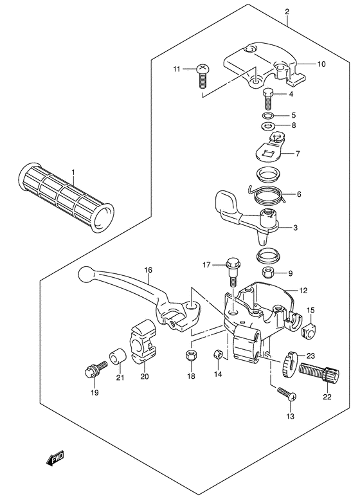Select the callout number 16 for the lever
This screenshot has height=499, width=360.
pyautogui.click(x=148, y=271)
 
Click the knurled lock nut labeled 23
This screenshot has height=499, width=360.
pyautogui.click(x=290, y=363)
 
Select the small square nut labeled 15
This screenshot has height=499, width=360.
pyautogui.click(x=308, y=331)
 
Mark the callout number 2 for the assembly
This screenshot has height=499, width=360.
pyautogui.click(x=287, y=12)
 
